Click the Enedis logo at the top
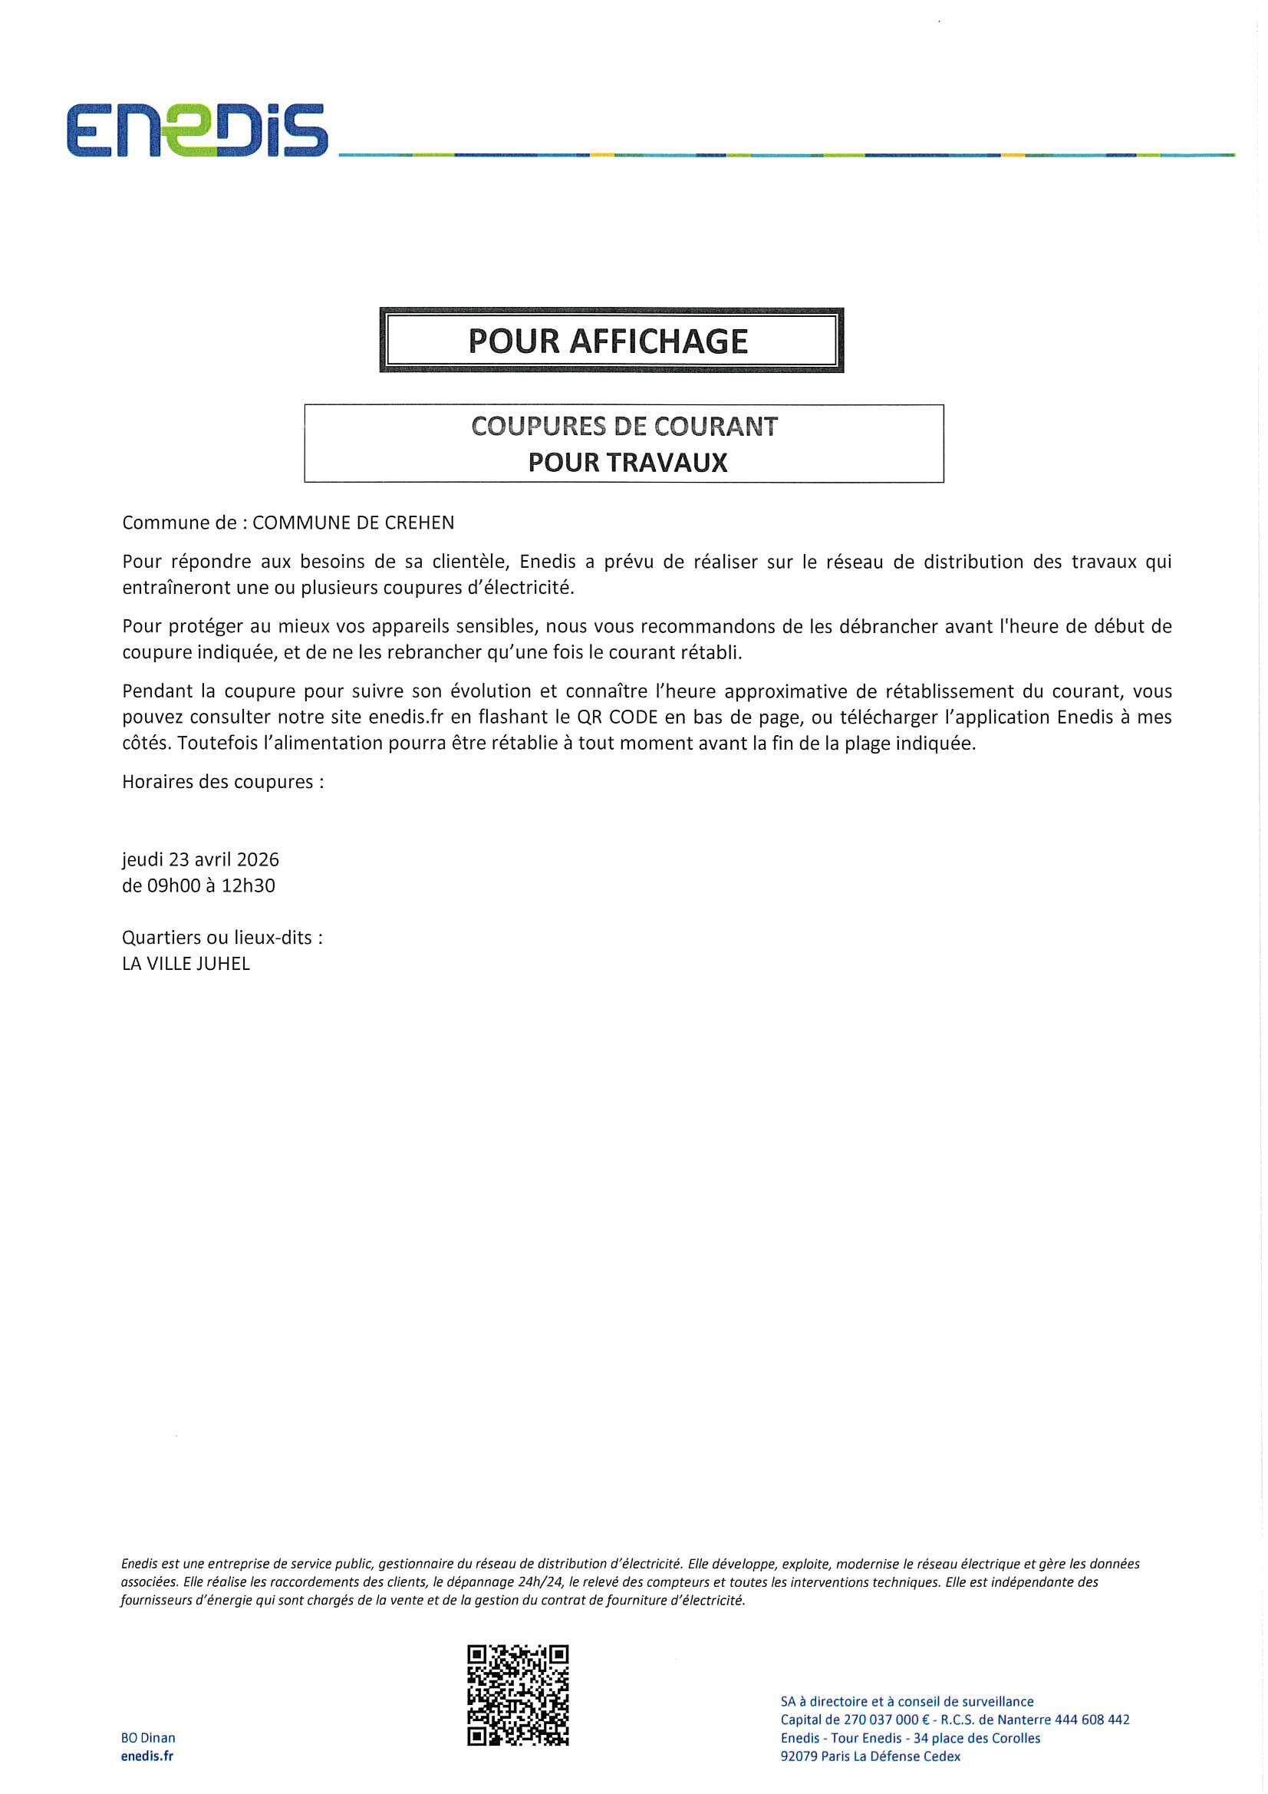point(197,130)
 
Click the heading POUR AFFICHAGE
point(608,341)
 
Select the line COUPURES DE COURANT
point(624,427)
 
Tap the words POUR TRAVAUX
point(627,463)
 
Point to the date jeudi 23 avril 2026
point(201,859)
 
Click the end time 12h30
point(249,886)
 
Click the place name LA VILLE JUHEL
point(186,965)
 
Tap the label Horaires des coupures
point(222,781)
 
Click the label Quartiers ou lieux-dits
point(222,938)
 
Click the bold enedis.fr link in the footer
point(147,1756)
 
